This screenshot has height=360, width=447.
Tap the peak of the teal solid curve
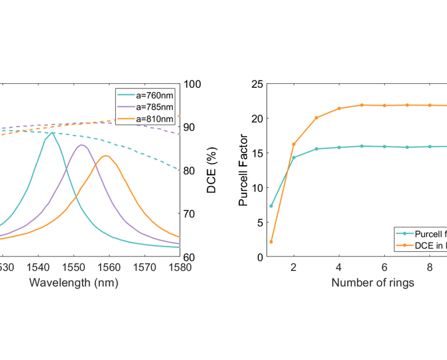coord(53,133)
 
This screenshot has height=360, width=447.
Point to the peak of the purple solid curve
coord(81,145)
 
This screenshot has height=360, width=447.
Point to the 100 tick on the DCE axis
coord(193,84)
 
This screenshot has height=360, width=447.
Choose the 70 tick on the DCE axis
coord(193,213)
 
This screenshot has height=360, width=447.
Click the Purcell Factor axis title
coord(243,170)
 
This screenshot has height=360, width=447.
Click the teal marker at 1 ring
coord(271,206)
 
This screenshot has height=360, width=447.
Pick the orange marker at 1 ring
coord(271,241)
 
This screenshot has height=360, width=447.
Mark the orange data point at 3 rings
coord(317,117)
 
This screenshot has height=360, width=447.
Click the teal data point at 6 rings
coord(385,147)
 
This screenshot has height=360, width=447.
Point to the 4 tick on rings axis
coord(339,268)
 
